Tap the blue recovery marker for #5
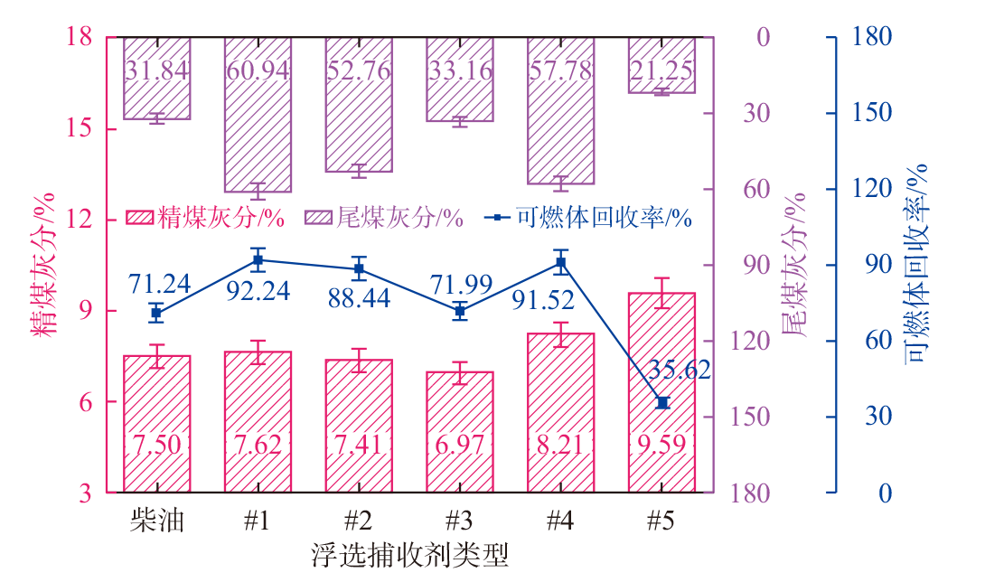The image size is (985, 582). (662, 402)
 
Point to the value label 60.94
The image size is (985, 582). (258, 69)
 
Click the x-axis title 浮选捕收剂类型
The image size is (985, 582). (409, 553)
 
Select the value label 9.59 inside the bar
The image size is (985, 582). (662, 444)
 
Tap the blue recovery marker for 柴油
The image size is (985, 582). (156, 313)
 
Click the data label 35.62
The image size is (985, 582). (680, 370)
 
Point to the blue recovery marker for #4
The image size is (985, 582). (561, 263)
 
